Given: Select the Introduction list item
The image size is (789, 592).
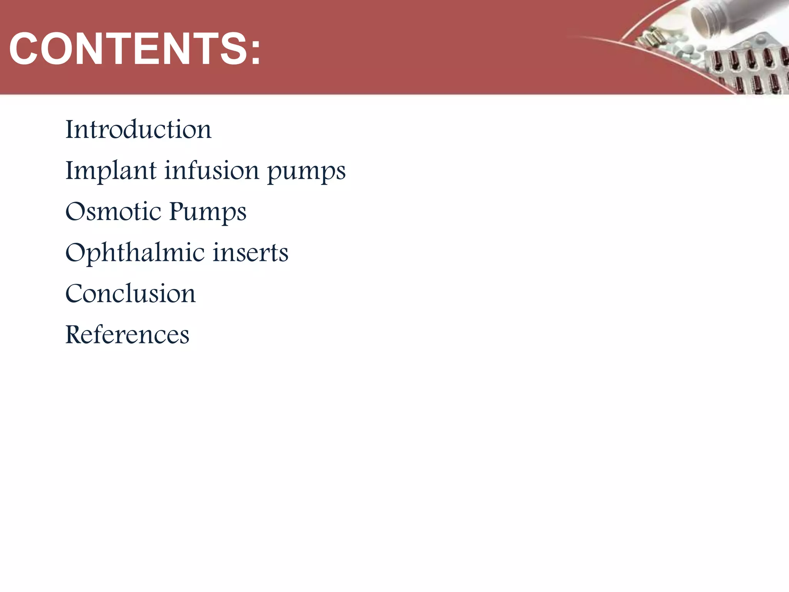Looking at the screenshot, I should pyautogui.click(x=138, y=129).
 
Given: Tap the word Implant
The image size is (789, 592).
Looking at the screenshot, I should pyautogui.click(x=111, y=171).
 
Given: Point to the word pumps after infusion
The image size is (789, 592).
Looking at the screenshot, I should pyautogui.click(x=307, y=172).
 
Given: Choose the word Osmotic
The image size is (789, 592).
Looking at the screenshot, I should pyautogui.click(x=113, y=212).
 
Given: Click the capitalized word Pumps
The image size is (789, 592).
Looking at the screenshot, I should pyautogui.click(x=208, y=212).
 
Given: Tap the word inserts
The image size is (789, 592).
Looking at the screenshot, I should pyautogui.click(x=251, y=253).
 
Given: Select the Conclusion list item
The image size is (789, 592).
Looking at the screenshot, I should pyautogui.click(x=131, y=294).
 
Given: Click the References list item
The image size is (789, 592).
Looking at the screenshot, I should pyautogui.click(x=128, y=335).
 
